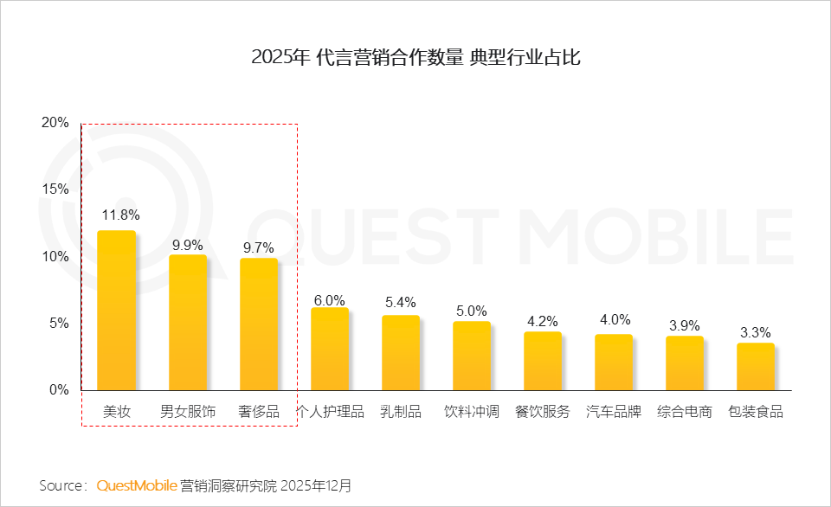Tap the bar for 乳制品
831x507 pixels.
401,352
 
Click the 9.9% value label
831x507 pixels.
188,245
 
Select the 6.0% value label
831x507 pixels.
330,299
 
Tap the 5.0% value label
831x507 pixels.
472,311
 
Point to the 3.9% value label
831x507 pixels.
685,326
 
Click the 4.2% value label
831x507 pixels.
543,322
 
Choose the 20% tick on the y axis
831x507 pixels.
55,123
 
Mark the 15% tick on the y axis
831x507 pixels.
55,189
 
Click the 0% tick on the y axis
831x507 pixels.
58,390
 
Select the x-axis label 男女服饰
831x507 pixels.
188,412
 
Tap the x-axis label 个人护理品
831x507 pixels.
331,412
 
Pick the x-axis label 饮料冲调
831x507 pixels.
472,412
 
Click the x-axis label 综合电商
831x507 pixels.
685,412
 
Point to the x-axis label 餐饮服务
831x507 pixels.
543,412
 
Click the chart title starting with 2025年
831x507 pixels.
415,58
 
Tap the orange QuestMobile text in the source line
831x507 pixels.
137,485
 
